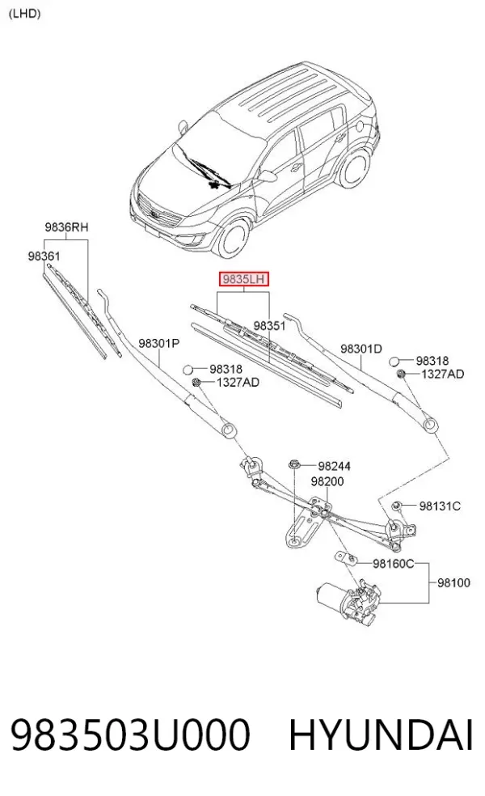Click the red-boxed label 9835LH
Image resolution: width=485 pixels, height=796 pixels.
click(x=243, y=279)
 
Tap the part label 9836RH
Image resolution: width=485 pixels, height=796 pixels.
click(x=66, y=227)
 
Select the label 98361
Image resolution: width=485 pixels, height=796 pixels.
click(x=44, y=256)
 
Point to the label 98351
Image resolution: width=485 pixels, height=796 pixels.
click(x=269, y=325)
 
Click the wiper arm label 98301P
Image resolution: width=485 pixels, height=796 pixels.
click(x=158, y=344)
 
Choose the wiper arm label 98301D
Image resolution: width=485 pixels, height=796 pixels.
click(x=361, y=349)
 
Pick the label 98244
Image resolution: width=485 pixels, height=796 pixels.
click(x=335, y=466)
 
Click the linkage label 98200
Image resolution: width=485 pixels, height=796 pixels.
click(x=327, y=481)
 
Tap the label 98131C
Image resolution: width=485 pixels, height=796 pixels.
click(x=440, y=506)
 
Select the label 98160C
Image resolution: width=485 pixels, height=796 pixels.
click(x=394, y=564)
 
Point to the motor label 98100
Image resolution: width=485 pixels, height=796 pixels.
click(x=453, y=582)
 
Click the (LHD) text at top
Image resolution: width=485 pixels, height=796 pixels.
click(x=24, y=14)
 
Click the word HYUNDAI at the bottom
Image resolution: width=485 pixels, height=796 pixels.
click(x=381, y=735)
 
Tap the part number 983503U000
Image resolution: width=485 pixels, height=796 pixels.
click(x=130, y=735)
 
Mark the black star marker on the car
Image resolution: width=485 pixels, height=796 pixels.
click(x=216, y=184)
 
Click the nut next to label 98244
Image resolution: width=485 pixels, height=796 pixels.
click(x=294, y=464)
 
